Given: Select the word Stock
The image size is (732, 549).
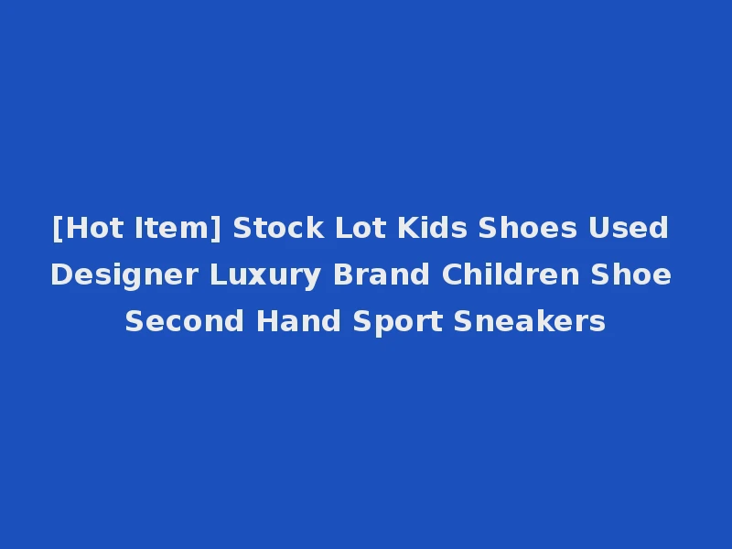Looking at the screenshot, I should pos(272,228).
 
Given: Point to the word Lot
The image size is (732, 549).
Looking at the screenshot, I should pos(354,228).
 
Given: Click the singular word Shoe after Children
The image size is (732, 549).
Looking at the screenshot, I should pos(633,274).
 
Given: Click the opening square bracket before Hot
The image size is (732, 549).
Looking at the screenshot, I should pos(58,228).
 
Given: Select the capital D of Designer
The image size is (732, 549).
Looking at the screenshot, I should pos(59,274).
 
